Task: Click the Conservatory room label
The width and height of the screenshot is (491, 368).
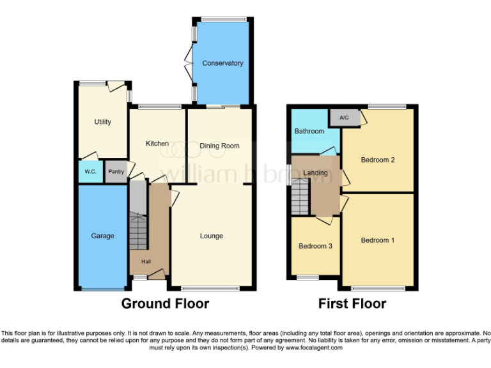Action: [222, 63]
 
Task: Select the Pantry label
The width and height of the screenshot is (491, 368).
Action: [116, 172]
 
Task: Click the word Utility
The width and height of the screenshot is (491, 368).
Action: [102, 122]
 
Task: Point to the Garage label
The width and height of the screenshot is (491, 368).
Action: [102, 236]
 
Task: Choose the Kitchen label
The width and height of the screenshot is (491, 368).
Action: [157, 144]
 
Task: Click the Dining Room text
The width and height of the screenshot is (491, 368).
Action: [219, 146]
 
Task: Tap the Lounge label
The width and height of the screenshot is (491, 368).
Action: [212, 236]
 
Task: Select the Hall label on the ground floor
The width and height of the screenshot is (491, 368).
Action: [146, 261]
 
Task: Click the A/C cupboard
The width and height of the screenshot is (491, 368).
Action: [344, 118]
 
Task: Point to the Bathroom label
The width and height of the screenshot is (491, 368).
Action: [309, 132]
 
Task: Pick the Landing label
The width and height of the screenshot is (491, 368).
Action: [316, 173]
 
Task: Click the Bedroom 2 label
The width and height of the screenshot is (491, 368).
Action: [377, 160]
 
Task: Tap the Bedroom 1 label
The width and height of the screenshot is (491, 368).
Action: [377, 240]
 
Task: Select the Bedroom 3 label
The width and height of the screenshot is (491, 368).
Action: [315, 246]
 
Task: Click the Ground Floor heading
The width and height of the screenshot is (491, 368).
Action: [165, 303]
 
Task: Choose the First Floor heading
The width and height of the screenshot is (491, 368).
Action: [352, 303]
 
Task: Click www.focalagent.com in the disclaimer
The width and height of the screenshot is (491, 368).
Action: [314, 348]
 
